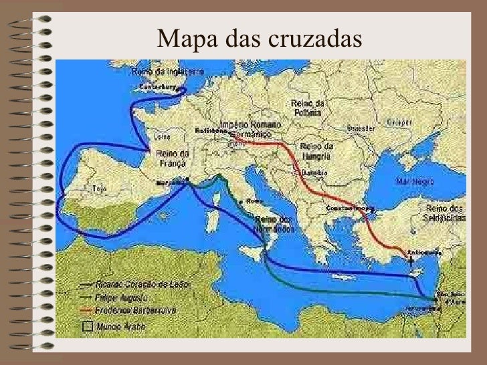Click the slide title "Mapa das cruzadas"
[x=259, y=39]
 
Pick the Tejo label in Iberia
[x=100, y=189]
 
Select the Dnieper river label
[x=398, y=122]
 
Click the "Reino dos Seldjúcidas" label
[x=444, y=214]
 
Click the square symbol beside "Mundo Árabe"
[x=86, y=326]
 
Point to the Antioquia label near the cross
[x=426, y=253]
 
